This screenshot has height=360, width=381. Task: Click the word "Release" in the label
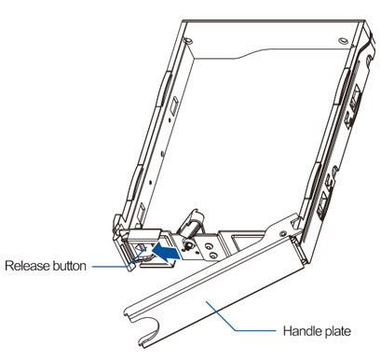[x=27, y=266]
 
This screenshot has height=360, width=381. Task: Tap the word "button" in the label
[x=69, y=266]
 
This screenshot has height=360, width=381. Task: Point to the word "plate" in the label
[x=337, y=332]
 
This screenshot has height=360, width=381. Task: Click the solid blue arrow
[x=167, y=251]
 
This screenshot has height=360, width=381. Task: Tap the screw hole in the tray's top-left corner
[x=188, y=40]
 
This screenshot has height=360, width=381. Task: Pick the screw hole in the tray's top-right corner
[x=343, y=41]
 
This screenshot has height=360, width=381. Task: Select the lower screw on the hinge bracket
[x=212, y=256]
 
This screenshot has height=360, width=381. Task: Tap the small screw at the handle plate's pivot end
[x=283, y=233]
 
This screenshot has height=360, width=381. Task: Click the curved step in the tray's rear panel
[x=245, y=54]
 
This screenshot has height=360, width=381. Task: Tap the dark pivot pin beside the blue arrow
[x=186, y=245]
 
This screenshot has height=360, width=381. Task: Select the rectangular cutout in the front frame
[x=245, y=242]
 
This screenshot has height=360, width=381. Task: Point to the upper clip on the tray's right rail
[x=342, y=88]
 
